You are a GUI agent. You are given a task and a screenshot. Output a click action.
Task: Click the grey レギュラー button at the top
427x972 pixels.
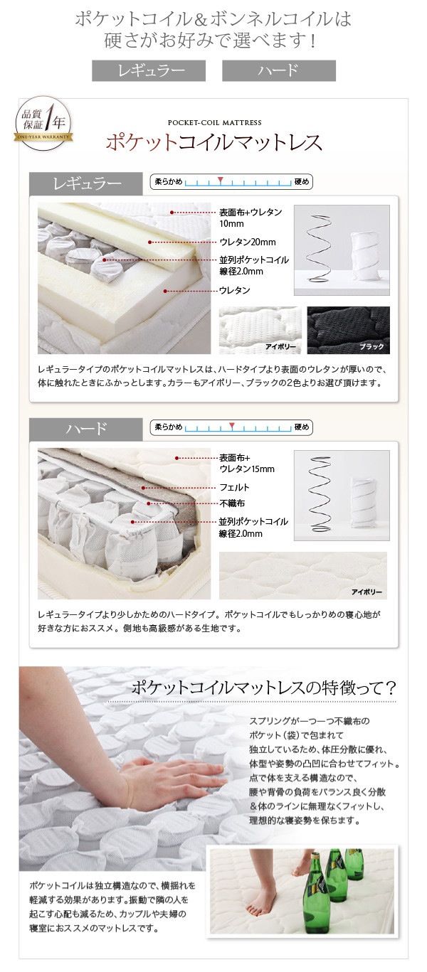(149, 70)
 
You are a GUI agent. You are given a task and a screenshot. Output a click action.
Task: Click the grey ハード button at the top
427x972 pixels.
(279, 70)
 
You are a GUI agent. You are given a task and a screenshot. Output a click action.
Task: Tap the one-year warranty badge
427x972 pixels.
(43, 123)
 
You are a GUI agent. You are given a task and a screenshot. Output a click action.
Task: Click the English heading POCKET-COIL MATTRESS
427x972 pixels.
(215, 123)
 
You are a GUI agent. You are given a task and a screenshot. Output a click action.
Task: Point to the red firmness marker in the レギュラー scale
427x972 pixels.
(221, 180)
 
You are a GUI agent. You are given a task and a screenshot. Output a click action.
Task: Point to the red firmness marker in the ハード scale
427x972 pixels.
(233, 425)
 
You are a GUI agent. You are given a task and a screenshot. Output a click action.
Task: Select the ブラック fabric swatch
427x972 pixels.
(349, 330)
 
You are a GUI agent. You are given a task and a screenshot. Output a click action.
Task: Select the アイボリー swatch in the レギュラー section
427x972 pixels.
(260, 330)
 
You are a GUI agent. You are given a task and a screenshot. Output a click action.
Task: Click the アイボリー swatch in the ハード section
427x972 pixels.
(302, 575)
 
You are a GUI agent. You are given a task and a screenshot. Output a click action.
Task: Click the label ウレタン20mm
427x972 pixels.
(248, 242)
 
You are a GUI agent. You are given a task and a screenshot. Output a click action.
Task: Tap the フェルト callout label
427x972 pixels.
(234, 487)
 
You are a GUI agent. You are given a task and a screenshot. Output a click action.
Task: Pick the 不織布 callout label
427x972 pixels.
(232, 503)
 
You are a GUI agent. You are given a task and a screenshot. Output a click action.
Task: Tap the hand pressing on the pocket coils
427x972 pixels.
(174, 781)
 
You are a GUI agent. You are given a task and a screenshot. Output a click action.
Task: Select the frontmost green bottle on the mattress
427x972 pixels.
(316, 892)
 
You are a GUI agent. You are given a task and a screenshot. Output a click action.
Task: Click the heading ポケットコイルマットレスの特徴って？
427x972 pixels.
(263, 688)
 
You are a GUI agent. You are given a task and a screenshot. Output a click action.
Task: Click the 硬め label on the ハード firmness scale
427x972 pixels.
(302, 427)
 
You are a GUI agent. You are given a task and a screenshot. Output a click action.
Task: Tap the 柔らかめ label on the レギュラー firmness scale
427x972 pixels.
(169, 182)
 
